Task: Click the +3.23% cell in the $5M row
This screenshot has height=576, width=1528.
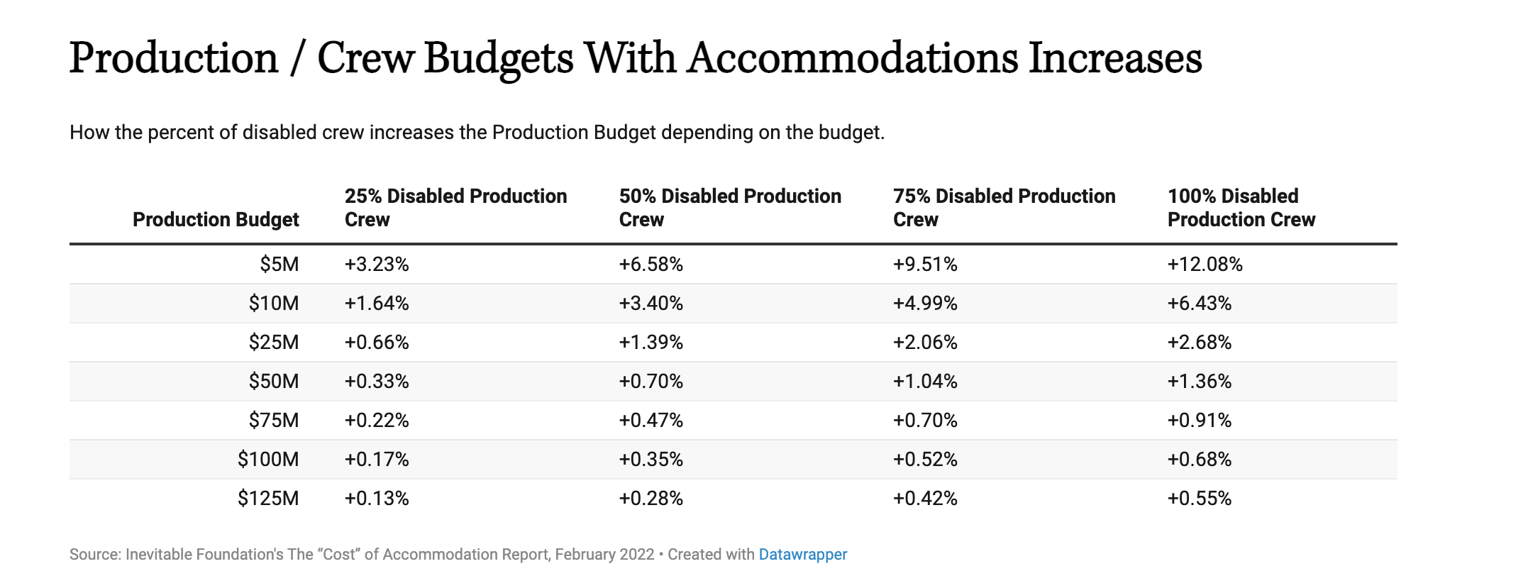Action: (377, 265)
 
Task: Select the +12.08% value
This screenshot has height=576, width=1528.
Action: (1205, 265)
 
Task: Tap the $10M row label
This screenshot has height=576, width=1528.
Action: (273, 304)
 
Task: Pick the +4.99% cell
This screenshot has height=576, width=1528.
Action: (925, 304)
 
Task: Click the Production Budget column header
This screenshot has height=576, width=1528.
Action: (216, 220)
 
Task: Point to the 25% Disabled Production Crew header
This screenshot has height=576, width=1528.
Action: (455, 208)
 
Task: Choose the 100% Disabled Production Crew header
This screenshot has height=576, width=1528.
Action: (1241, 208)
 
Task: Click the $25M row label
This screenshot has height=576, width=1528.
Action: (273, 343)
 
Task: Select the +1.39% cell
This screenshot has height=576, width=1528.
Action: (650, 343)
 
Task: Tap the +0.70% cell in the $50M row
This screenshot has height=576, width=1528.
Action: (650, 382)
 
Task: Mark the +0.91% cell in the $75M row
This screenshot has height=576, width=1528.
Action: (1199, 421)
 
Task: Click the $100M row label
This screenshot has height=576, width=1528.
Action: (268, 460)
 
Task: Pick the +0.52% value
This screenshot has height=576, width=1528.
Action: (925, 460)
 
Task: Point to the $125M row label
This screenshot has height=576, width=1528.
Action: (268, 499)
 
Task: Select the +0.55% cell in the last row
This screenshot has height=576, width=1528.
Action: (1199, 499)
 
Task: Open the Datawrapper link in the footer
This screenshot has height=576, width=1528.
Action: (802, 555)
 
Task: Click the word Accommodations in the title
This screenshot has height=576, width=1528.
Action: (852, 58)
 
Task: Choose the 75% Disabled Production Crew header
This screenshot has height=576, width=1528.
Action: (1004, 208)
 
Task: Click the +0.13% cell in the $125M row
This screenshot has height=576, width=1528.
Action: (377, 499)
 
